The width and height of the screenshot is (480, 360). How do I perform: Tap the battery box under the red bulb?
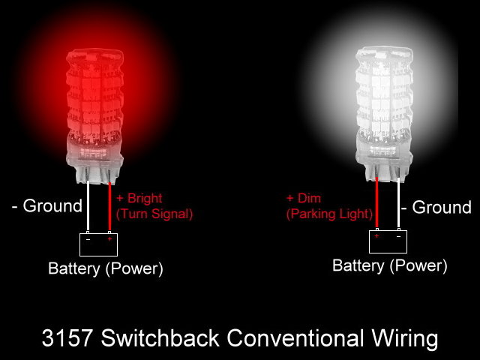pos(100,244)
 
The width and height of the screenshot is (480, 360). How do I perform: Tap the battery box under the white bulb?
pos(388,241)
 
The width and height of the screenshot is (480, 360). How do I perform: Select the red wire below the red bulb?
pos(111,210)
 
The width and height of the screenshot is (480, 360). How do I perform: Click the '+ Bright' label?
pos(139,199)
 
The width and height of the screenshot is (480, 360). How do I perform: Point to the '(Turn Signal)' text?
pos(154,214)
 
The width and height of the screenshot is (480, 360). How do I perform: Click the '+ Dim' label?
pos(304,198)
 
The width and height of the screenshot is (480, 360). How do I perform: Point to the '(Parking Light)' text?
pos(329,214)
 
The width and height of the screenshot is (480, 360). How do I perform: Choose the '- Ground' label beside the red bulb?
pos(46,206)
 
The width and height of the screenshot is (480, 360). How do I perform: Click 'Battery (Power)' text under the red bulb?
pos(105,268)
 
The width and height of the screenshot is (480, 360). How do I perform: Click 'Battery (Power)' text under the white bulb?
pos(389,265)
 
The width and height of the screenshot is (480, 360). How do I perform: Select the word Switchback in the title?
pos(158,338)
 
